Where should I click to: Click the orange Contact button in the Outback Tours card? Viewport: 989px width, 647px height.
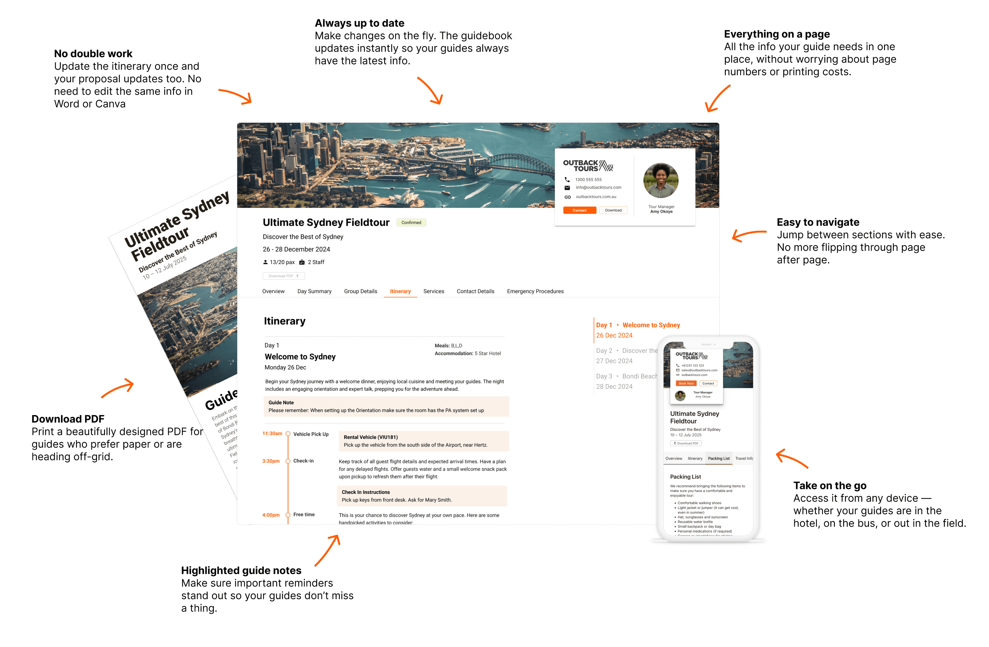click(x=579, y=211)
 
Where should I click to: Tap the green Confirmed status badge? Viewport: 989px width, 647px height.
click(x=411, y=223)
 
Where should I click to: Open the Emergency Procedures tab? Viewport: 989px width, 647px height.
click(x=535, y=292)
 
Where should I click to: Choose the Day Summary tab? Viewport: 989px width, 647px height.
click(x=314, y=292)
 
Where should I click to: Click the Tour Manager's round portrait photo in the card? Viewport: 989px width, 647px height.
click(x=661, y=181)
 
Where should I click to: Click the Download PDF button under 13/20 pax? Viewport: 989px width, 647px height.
click(x=283, y=276)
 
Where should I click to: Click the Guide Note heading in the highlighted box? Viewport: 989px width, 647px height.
click(x=281, y=403)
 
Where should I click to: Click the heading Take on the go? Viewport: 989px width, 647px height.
click(x=829, y=486)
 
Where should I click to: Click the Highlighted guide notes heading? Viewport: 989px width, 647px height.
click(x=241, y=571)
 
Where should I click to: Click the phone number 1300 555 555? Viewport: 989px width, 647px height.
click(x=588, y=180)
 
